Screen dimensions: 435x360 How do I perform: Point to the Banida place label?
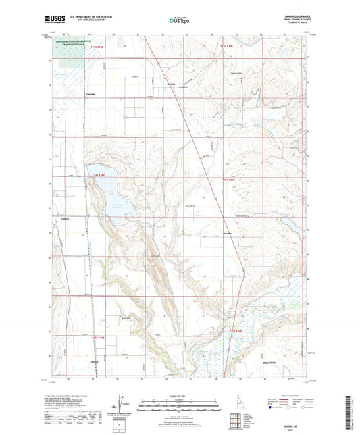click(x=172, y=84)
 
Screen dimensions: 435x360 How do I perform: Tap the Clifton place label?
click(x=66, y=217)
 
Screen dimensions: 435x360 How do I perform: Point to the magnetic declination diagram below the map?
click(x=119, y=404)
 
